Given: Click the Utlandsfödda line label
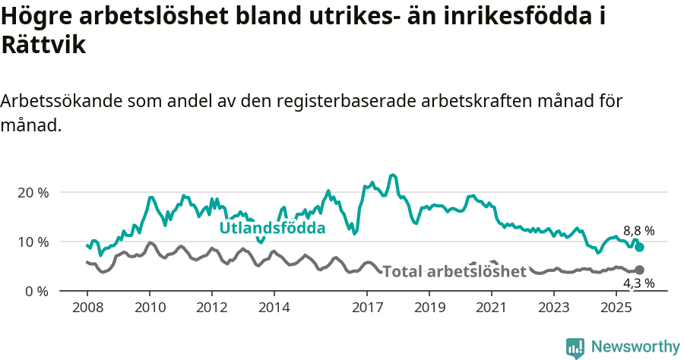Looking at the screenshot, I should coord(272,228).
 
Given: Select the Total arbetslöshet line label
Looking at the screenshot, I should coord(454,272).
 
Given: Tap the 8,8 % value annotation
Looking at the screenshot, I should coord(638,231).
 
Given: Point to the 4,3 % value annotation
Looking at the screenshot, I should coord(638,283).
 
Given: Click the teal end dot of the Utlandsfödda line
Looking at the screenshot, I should coord(640,247).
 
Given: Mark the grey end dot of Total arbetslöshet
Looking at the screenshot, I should coord(640,270).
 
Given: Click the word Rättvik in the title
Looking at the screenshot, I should coord(43,45).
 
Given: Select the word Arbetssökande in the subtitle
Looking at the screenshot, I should coord(62,101).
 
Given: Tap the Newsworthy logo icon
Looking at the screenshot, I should coord(575,347).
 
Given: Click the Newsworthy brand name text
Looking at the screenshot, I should coord(635,347).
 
